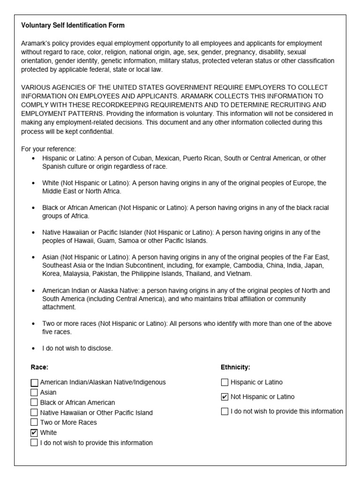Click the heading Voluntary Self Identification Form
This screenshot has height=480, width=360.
[x=73, y=25]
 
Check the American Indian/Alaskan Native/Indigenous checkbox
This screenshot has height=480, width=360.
[x=34, y=382]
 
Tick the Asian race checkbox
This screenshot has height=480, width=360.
[x=34, y=392]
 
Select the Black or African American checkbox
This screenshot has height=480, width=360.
[x=34, y=402]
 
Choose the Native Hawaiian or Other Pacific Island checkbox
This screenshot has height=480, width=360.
[x=34, y=412]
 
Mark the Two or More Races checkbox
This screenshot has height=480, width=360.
[x=34, y=422]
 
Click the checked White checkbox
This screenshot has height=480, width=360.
[x=34, y=433]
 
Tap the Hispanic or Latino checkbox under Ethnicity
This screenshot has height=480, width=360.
[x=225, y=382]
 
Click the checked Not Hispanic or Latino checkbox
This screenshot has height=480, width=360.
[x=225, y=397]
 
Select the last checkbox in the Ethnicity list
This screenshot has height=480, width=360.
[x=225, y=412]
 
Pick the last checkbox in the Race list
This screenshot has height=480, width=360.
[x=34, y=442]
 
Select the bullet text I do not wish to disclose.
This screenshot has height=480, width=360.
[x=77, y=348]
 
